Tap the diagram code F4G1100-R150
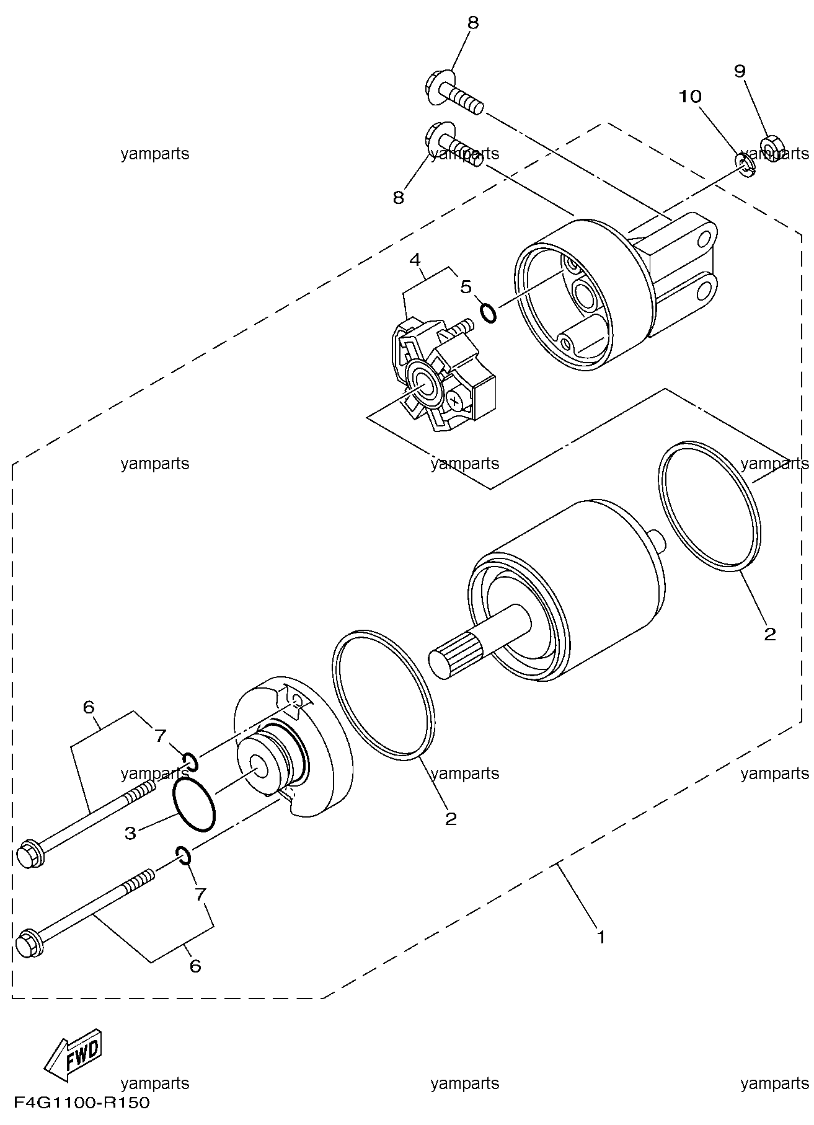82,1103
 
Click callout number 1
600,936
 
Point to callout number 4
415,258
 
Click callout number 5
466,287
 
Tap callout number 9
740,71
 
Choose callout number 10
690,97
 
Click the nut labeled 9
772,148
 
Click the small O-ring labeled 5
489,313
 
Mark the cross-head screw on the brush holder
456,402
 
